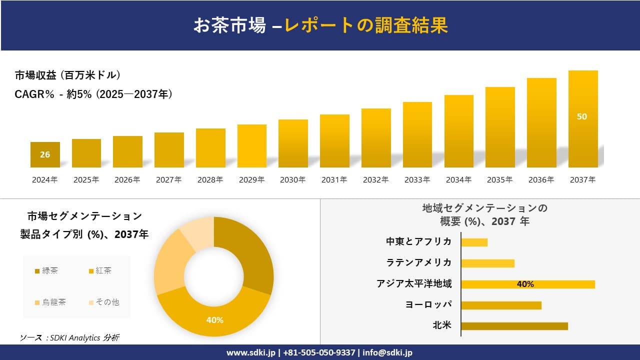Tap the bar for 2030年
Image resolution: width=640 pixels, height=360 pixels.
(293, 143)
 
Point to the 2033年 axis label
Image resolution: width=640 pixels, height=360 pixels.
(417, 180)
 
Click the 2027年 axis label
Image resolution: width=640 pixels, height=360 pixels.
(168, 180)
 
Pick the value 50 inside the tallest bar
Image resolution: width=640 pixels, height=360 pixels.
(582, 116)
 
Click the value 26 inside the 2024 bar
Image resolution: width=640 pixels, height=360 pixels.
(45, 154)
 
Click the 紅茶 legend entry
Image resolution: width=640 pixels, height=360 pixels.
(100, 271)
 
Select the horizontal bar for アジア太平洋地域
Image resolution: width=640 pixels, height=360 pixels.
(527, 284)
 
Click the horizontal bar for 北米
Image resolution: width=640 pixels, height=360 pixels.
(514, 326)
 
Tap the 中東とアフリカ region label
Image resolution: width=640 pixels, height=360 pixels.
(418, 241)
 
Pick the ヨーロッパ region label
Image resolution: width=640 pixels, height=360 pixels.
(428, 304)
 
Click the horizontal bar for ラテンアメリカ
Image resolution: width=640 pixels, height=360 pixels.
(487, 263)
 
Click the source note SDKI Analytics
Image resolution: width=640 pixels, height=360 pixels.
(69, 337)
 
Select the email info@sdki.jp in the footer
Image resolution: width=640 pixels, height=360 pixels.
(387, 352)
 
